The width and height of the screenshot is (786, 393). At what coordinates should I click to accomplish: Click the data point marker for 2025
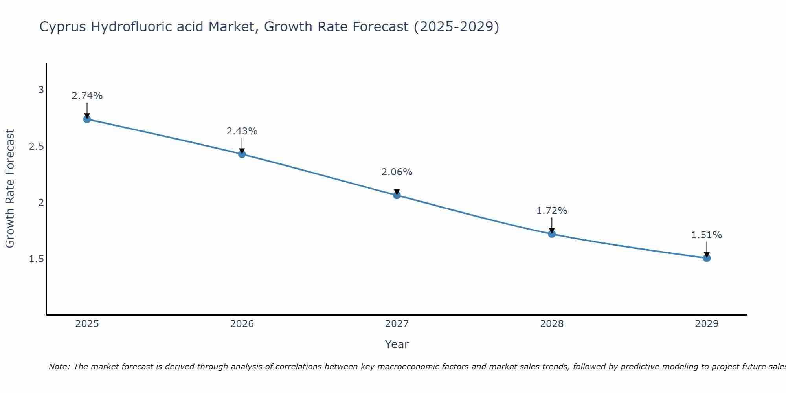click(x=87, y=119)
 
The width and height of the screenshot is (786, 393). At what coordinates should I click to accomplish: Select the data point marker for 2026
click(x=242, y=154)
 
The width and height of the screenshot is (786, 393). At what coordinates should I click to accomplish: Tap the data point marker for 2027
click(x=397, y=195)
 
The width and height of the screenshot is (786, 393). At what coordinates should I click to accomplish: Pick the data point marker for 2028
click(x=552, y=234)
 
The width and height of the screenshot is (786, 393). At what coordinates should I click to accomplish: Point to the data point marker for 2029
click(x=707, y=258)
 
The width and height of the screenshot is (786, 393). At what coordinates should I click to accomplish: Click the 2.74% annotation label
click(x=87, y=96)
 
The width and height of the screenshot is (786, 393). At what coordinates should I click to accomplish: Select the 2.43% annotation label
click(x=242, y=131)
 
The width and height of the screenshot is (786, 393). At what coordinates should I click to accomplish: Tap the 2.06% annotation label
click(x=397, y=172)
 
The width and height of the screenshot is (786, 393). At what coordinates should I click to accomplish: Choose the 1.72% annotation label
click(x=552, y=211)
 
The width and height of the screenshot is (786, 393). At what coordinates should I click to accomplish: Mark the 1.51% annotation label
click(x=707, y=235)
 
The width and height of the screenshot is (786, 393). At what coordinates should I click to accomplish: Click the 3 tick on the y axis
click(x=41, y=90)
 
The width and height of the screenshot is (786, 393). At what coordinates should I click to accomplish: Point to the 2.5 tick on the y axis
click(x=37, y=147)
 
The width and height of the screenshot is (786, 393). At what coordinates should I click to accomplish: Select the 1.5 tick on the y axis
click(x=37, y=259)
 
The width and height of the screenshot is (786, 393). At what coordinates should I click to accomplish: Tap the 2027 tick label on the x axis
click(x=397, y=324)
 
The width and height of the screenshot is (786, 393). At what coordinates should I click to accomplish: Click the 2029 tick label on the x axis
click(x=707, y=324)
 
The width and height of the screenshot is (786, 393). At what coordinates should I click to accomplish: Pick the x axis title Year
click(x=397, y=344)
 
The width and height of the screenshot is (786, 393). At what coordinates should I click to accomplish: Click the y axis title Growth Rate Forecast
click(x=10, y=189)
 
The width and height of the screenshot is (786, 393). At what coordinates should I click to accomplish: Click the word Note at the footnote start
click(x=59, y=367)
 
